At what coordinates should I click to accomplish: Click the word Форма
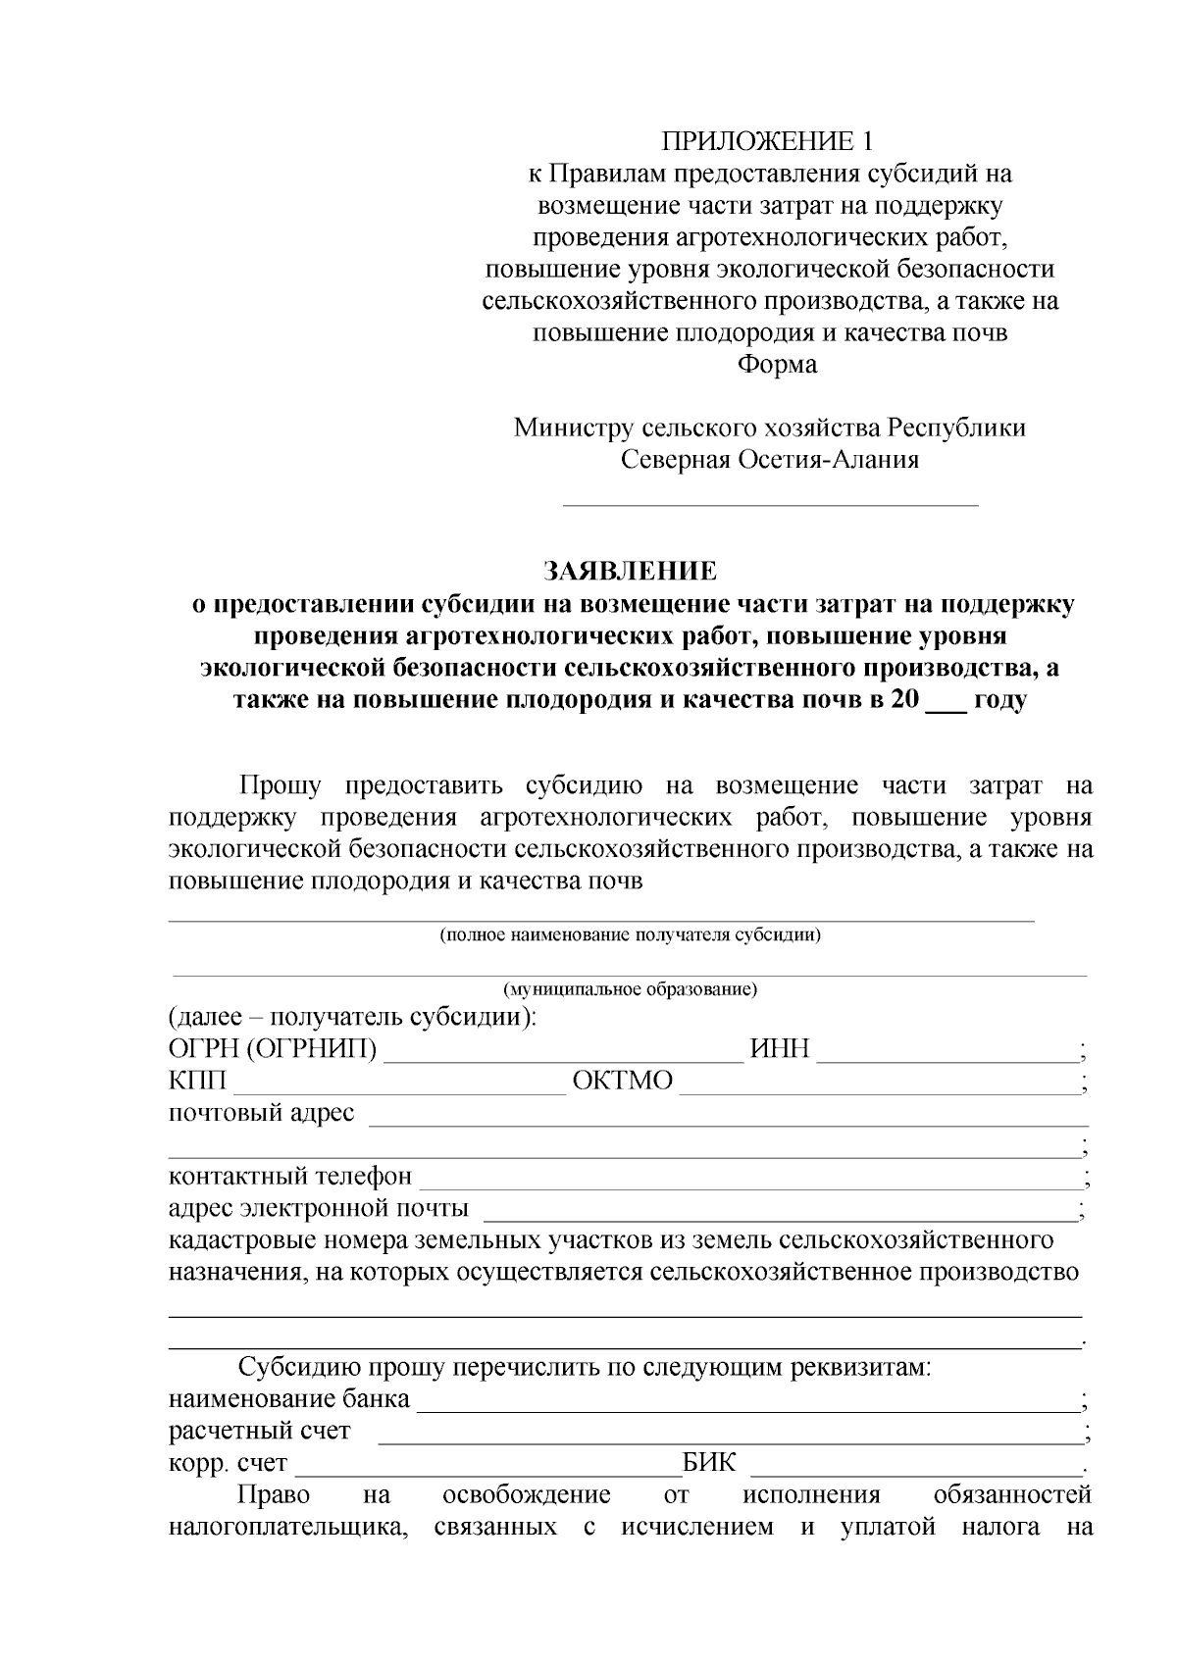point(777,365)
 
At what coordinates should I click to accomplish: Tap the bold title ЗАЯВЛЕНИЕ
point(631,571)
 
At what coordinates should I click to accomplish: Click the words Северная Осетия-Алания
point(770,460)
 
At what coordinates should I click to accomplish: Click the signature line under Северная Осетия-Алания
point(770,504)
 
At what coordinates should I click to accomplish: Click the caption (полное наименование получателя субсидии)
point(630,934)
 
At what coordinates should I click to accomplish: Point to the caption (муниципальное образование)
point(630,988)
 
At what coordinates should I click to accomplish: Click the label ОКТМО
point(623,1082)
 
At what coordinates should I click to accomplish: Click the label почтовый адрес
point(261,1114)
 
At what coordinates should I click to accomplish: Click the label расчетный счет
point(259,1431)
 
